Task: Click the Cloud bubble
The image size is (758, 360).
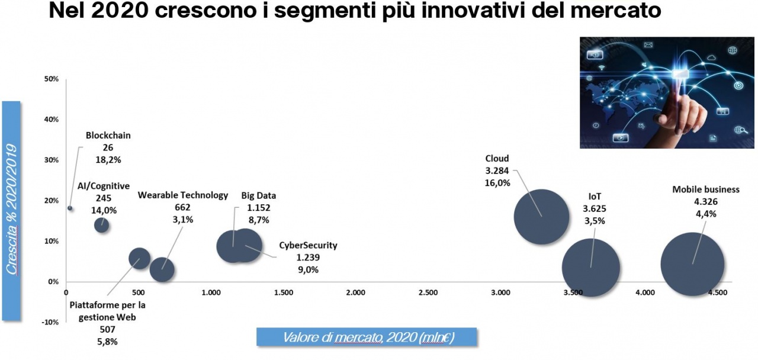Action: tap(541, 217)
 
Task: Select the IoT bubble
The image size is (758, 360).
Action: tap(590, 267)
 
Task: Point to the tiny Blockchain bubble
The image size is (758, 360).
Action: tap(70, 208)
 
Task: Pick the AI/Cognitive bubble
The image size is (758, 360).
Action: tap(102, 225)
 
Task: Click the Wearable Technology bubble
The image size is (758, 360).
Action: tap(162, 269)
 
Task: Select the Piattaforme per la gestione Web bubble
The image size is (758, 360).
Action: tap(139, 259)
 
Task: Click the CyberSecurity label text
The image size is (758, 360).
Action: tap(307, 245)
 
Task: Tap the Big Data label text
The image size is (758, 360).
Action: tap(258, 196)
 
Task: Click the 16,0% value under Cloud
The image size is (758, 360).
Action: tap(497, 183)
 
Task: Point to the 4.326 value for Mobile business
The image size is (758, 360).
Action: tap(706, 202)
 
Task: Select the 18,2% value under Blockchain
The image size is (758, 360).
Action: tap(108, 159)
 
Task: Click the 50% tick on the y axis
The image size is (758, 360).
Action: tap(52, 79)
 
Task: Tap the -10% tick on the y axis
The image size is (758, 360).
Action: tap(51, 322)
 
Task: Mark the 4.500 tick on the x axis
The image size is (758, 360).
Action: tap(718, 292)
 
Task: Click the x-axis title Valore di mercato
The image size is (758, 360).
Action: tap(368, 337)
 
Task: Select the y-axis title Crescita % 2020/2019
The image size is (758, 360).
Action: tap(11, 211)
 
